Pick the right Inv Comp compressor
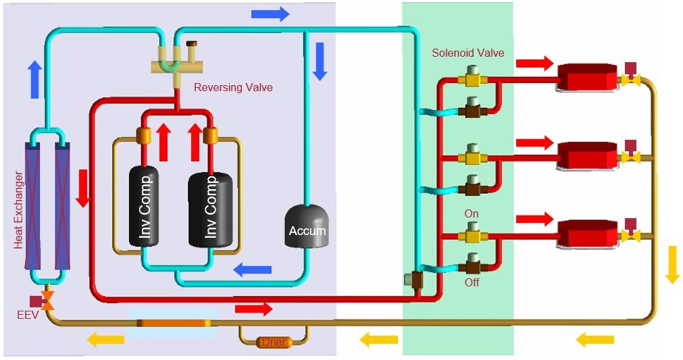click(x=211, y=207)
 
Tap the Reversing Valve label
click(x=233, y=87)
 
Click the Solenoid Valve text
click(x=467, y=53)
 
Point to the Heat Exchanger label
click(x=18, y=210)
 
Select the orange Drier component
click(x=274, y=342)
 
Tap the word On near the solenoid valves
click(x=472, y=213)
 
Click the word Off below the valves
click(x=472, y=282)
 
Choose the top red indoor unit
click(x=586, y=78)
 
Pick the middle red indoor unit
click(x=586, y=156)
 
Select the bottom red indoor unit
click(x=586, y=233)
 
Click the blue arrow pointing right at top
click(x=270, y=14)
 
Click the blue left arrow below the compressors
click(x=253, y=270)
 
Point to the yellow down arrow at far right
click(x=672, y=264)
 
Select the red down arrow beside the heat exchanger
click(x=82, y=188)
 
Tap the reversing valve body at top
click(x=177, y=66)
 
